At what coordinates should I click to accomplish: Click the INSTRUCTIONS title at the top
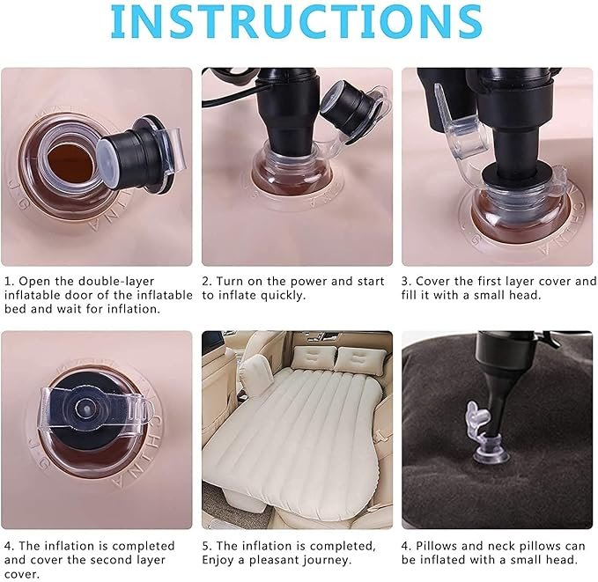click(x=298, y=21)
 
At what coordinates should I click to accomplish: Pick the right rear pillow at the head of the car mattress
click(x=360, y=360)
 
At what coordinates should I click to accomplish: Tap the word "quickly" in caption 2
click(x=276, y=296)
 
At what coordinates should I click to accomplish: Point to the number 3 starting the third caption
click(x=406, y=282)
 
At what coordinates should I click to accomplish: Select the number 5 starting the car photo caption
click(x=206, y=546)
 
